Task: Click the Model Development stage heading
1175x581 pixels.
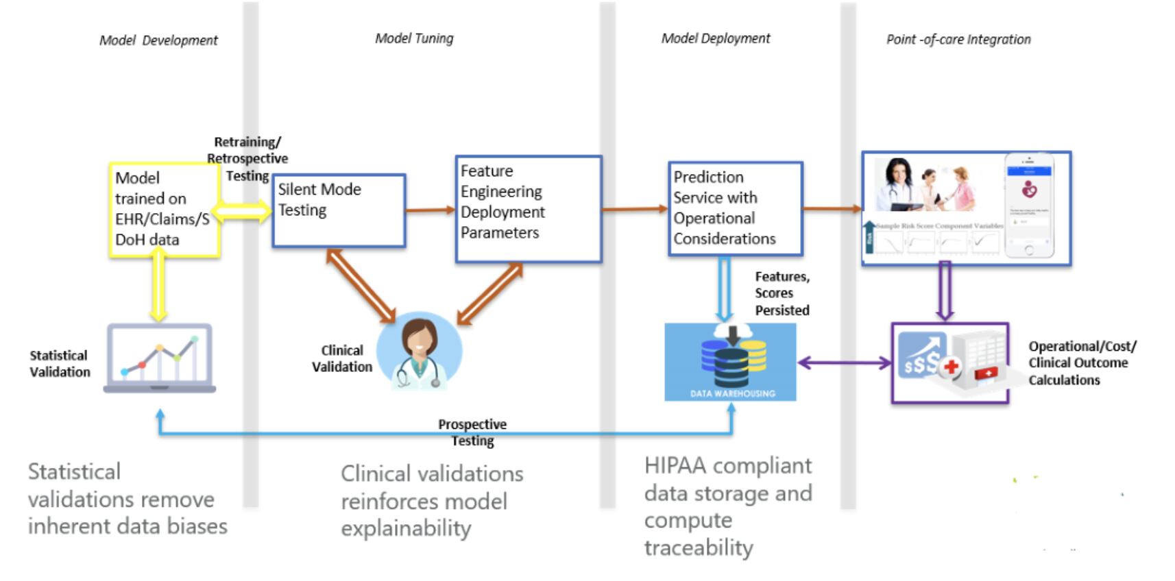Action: pyautogui.click(x=158, y=40)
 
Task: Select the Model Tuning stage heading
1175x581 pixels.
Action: pyautogui.click(x=414, y=38)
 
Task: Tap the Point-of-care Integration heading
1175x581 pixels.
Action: pyautogui.click(x=958, y=40)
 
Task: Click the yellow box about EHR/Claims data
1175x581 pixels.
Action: pyautogui.click(x=164, y=209)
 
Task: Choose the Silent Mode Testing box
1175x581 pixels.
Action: pyautogui.click(x=339, y=210)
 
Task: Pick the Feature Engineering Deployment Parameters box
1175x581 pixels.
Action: pyautogui.click(x=528, y=209)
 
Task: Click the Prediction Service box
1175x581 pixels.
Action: pyautogui.click(x=735, y=208)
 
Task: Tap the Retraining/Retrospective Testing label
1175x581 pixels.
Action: pyautogui.click(x=247, y=158)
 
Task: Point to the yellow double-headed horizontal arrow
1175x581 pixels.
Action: pyautogui.click(x=242, y=210)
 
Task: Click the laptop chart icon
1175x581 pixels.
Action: pyautogui.click(x=160, y=358)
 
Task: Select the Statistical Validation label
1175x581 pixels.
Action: pyautogui.click(x=60, y=364)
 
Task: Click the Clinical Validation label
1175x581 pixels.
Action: pyautogui.click(x=342, y=358)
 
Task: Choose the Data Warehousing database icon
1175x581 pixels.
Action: pyautogui.click(x=731, y=362)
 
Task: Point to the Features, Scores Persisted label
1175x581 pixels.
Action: pyautogui.click(x=782, y=293)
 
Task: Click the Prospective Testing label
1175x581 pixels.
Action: pyautogui.click(x=472, y=432)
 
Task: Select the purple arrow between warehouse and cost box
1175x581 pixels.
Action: pyautogui.click(x=844, y=363)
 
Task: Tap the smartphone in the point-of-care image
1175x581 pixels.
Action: pyautogui.click(x=1028, y=206)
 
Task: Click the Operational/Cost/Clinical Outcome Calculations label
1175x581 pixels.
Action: pyautogui.click(x=1081, y=363)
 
